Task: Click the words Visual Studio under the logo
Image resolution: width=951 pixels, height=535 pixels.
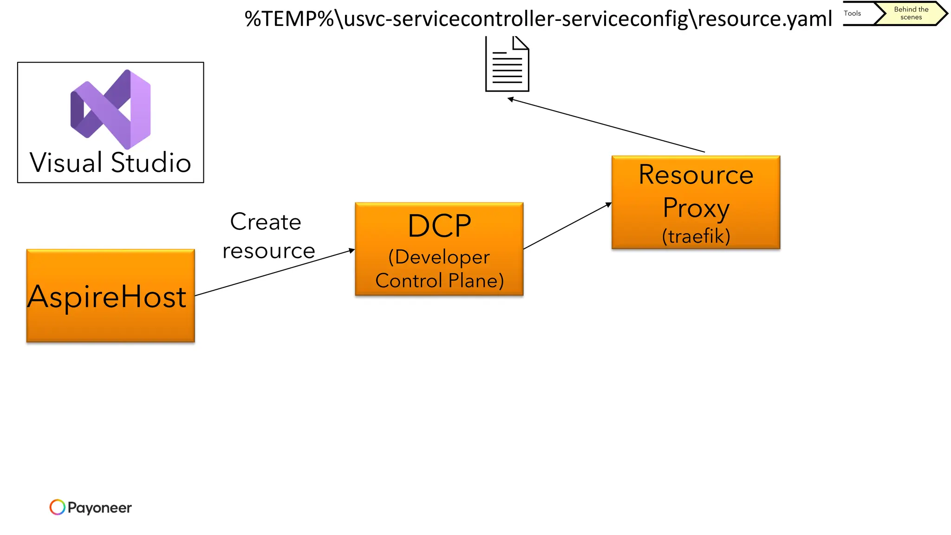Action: pyautogui.click(x=111, y=163)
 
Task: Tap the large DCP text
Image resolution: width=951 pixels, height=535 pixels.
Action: pyautogui.click(x=439, y=226)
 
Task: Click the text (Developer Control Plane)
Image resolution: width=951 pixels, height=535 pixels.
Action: pyautogui.click(x=439, y=269)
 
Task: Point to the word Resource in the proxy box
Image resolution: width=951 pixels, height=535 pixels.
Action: pyautogui.click(x=696, y=175)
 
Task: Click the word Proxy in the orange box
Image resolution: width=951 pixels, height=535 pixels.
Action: pyautogui.click(x=696, y=208)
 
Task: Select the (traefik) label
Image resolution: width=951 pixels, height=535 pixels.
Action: pyautogui.click(x=696, y=236)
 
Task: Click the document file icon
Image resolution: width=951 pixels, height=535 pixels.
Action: pyautogui.click(x=507, y=65)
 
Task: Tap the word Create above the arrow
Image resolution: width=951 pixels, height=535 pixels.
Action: pyautogui.click(x=266, y=222)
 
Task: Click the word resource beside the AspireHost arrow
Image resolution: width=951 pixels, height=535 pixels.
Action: pyautogui.click(x=269, y=251)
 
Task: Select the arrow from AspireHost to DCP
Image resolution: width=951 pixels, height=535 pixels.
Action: pyautogui.click(x=274, y=273)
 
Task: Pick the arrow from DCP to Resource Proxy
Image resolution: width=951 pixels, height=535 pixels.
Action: pyautogui.click(x=567, y=226)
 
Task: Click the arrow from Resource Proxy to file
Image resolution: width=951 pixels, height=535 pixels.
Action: pyautogui.click(x=606, y=125)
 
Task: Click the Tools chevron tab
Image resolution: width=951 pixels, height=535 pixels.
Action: pyautogui.click(x=857, y=13)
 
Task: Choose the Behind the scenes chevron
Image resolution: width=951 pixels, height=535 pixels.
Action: pyautogui.click(x=911, y=13)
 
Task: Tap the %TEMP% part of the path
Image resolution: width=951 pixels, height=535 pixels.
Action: pyautogui.click(x=289, y=19)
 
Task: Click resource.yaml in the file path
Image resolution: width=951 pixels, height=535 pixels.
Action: pyautogui.click(x=765, y=19)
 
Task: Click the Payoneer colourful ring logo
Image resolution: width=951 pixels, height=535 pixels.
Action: pyautogui.click(x=58, y=507)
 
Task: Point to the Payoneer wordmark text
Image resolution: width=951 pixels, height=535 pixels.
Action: pyautogui.click(x=99, y=508)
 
